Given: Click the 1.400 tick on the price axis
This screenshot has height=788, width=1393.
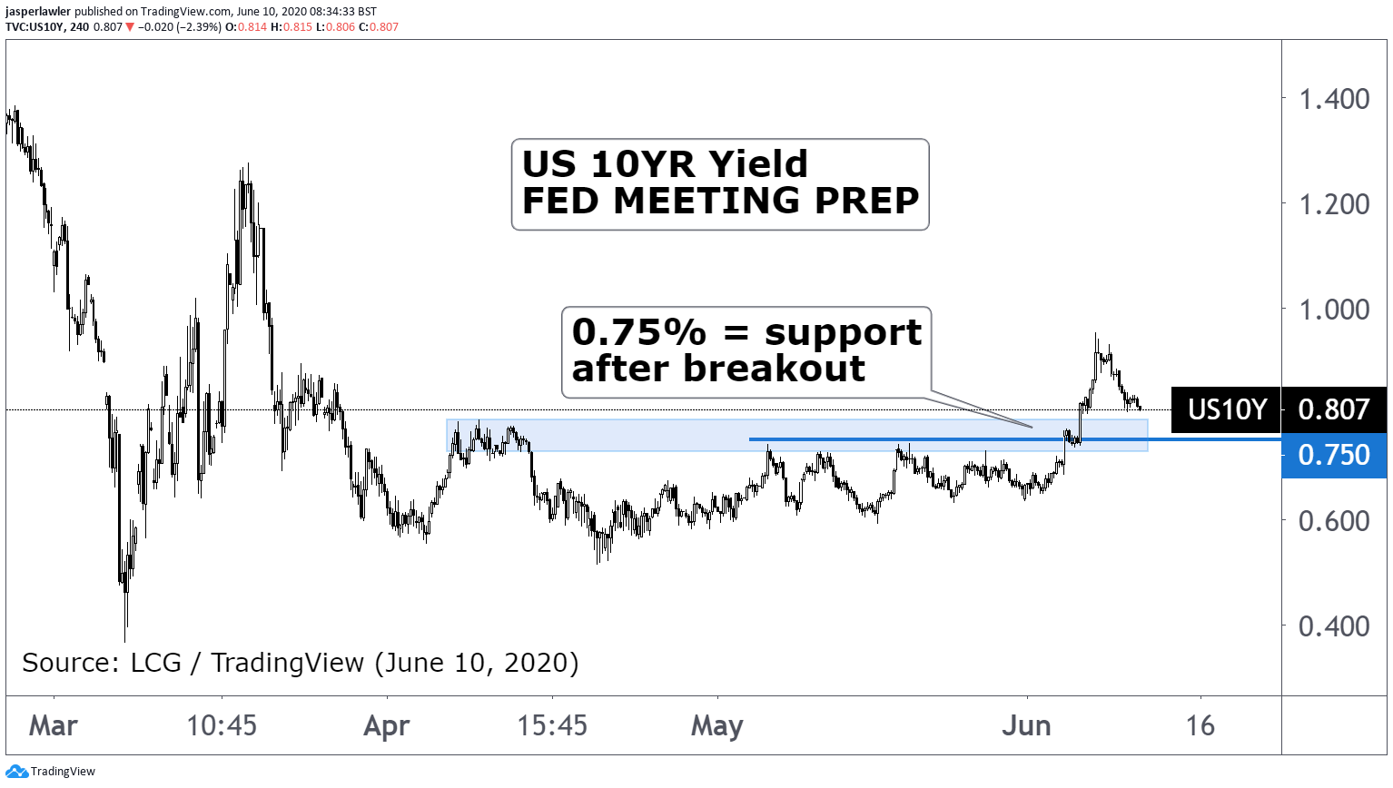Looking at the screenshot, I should pyautogui.click(x=1333, y=99).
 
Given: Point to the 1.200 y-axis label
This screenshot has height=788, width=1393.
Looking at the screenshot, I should pyautogui.click(x=1333, y=204).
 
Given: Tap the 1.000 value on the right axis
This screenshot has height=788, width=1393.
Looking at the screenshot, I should pyautogui.click(x=1333, y=310).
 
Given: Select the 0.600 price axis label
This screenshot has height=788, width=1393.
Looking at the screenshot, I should pyautogui.click(x=1333, y=521).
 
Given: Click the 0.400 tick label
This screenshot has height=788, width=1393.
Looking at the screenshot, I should pyautogui.click(x=1333, y=626).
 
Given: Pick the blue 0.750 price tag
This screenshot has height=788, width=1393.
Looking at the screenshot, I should pyautogui.click(x=1333, y=455).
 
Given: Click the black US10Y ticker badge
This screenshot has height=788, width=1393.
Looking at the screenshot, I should pyautogui.click(x=1227, y=409).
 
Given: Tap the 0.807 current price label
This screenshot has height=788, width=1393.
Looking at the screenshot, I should pyautogui.click(x=1333, y=409).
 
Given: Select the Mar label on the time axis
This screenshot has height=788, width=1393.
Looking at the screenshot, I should pyautogui.click(x=54, y=726).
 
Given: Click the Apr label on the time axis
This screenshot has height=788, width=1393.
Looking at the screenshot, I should pyautogui.click(x=387, y=726).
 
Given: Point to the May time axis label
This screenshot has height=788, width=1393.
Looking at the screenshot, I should pyautogui.click(x=717, y=726).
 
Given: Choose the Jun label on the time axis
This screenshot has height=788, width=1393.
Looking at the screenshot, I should pyautogui.click(x=1026, y=726).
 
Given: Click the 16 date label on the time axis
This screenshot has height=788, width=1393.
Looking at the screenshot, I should pyautogui.click(x=1200, y=726).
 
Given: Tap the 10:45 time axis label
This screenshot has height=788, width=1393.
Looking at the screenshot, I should pyautogui.click(x=222, y=726).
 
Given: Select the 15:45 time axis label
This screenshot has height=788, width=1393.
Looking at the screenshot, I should pyautogui.click(x=552, y=726).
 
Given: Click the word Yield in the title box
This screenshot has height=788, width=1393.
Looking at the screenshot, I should pyautogui.click(x=758, y=164).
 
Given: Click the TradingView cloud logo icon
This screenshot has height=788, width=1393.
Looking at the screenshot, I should pyautogui.click(x=16, y=772).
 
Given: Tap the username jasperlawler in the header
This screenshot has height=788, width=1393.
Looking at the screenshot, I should pyautogui.click(x=38, y=12).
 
